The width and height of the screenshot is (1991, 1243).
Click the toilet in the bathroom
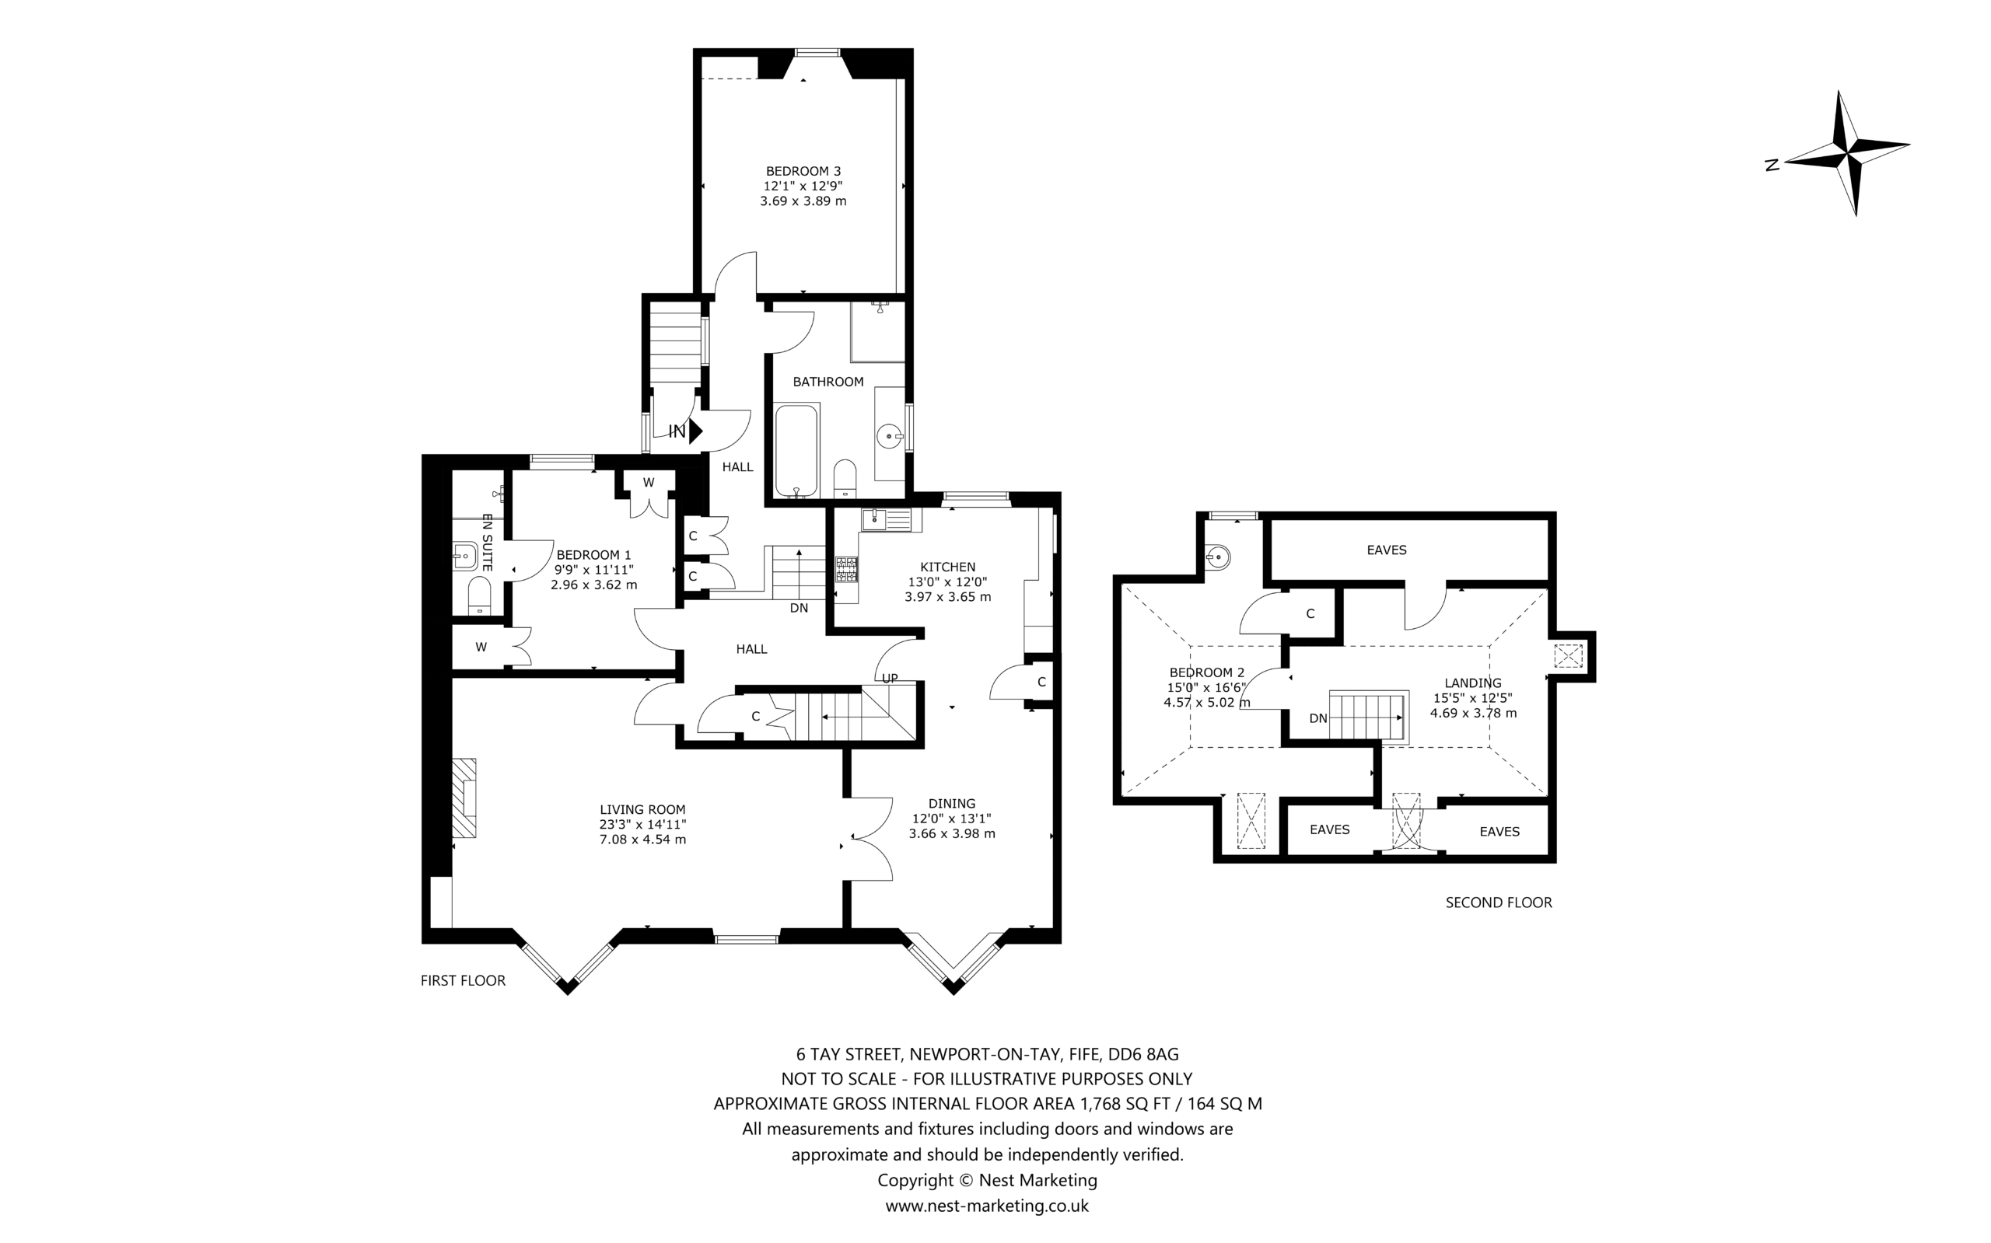tap(845, 478)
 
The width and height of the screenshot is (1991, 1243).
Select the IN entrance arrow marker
tap(696, 431)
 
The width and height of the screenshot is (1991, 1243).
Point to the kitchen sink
tap(887, 519)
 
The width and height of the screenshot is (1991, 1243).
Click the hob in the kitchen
tap(846, 570)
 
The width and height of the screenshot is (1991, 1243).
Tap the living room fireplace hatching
tap(464, 798)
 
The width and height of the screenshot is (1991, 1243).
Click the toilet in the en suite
tap(479, 595)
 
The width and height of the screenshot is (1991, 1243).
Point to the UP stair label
tap(890, 678)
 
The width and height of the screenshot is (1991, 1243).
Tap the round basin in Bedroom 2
tap(1218, 557)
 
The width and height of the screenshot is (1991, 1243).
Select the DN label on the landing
tap(1318, 718)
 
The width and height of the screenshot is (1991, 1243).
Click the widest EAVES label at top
tap(1387, 550)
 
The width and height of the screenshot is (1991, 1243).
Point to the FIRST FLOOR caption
tap(463, 981)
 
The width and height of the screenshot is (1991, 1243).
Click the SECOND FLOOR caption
tap(1499, 903)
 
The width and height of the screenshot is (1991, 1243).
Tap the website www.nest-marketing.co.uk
tap(987, 1206)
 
